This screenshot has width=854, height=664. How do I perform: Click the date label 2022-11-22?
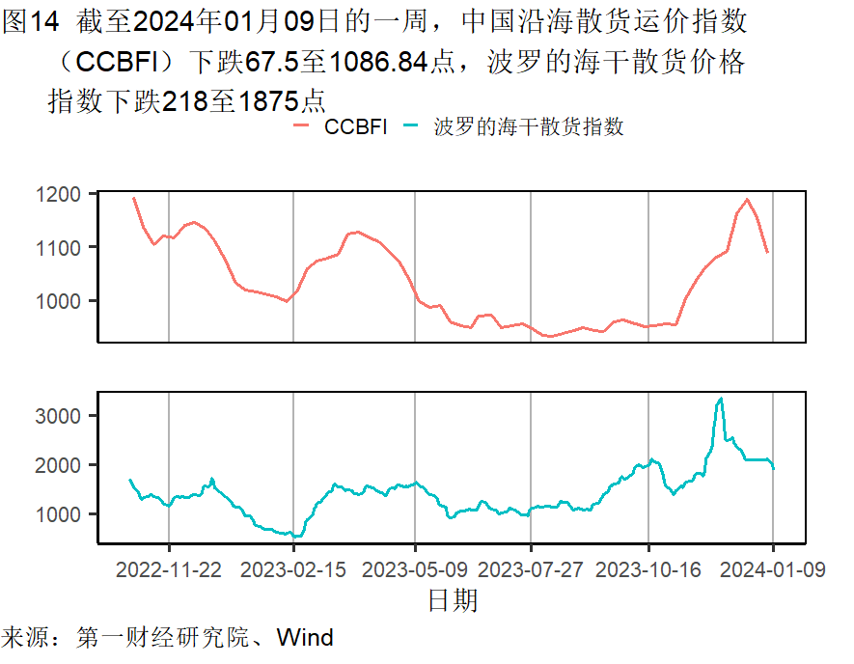[169, 569]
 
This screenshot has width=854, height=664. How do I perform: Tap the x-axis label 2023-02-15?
[293, 569]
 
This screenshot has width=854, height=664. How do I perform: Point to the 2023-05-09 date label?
[415, 569]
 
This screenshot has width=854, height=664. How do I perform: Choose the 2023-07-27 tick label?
[532, 569]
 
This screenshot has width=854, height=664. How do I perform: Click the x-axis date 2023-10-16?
[648, 569]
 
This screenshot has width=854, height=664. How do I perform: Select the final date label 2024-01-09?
[773, 569]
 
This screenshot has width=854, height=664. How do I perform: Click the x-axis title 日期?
[453, 601]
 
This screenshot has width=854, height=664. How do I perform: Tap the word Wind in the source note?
[305, 638]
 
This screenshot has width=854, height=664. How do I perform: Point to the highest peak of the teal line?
[720, 399]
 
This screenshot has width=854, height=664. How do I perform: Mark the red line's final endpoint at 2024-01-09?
[767, 253]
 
